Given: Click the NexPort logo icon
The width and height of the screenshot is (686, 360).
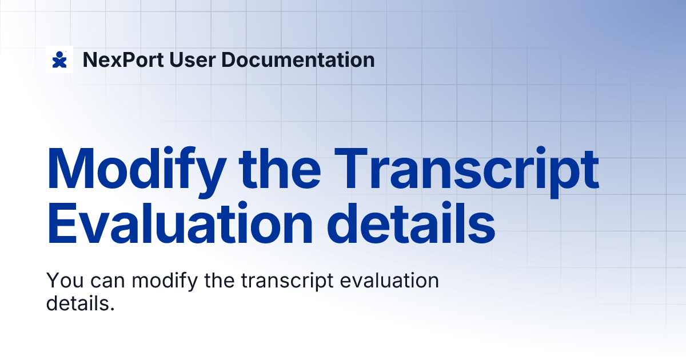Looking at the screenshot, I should (59, 59).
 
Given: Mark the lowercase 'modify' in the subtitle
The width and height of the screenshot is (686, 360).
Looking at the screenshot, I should (162, 281).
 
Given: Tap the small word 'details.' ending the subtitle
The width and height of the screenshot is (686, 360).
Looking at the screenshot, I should (80, 303).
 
